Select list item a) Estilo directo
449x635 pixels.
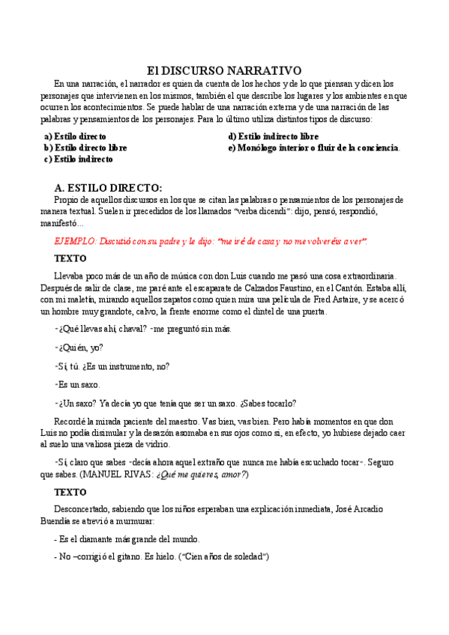coord(75,137)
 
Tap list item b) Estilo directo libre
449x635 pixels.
coord(85,148)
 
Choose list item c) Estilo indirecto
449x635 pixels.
coord(78,159)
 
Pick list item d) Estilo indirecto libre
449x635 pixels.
coord(273,137)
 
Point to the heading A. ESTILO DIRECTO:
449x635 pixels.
coord(108,187)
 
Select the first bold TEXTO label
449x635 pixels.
coord(70,258)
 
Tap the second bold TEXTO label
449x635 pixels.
coord(70,493)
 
